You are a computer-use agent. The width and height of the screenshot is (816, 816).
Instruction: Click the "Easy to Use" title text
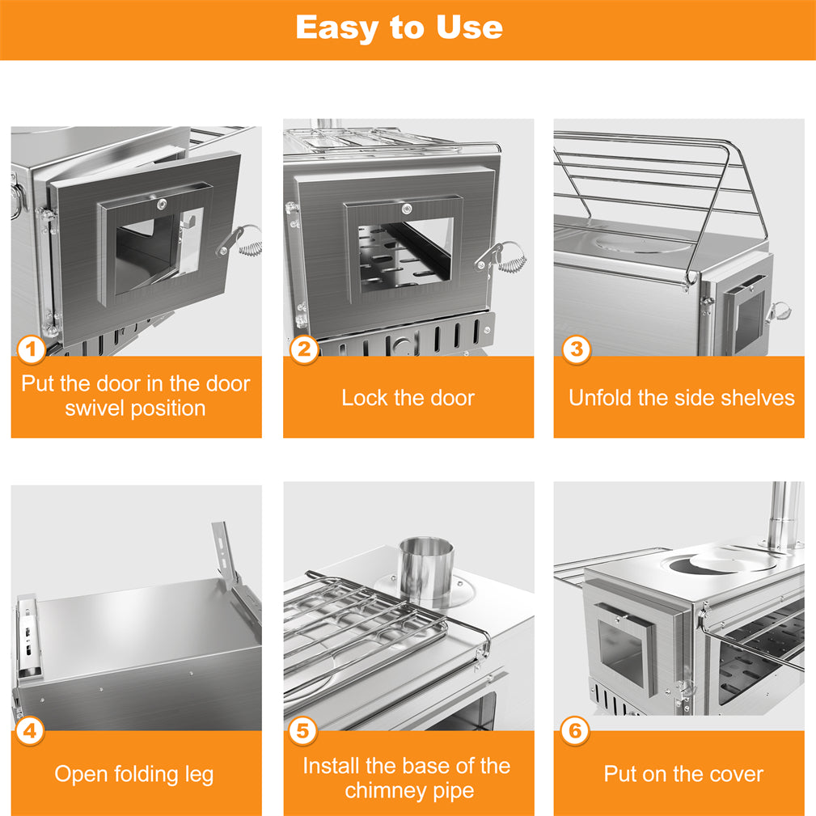click(399, 27)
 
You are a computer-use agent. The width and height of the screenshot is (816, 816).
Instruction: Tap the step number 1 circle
click(32, 351)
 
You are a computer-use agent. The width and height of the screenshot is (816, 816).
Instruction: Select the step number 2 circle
click(304, 349)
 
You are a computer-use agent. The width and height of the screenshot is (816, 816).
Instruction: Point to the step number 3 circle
click(576, 349)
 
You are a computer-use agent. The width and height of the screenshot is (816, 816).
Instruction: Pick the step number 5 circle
click(302, 731)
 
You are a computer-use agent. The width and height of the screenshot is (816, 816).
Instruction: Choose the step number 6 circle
click(575, 731)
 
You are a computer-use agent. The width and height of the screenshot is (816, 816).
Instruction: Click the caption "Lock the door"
click(408, 398)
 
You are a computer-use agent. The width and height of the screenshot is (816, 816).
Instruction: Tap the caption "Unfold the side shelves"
click(681, 398)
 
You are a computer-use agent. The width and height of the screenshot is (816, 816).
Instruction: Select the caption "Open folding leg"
click(134, 774)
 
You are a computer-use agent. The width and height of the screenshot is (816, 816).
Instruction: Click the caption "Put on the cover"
click(683, 774)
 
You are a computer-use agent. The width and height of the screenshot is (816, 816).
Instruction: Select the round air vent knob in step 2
click(400, 345)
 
